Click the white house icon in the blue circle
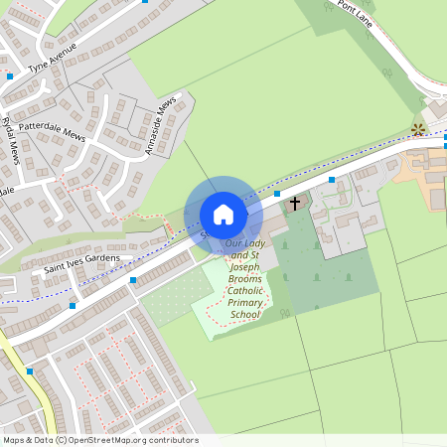click(x=223, y=215)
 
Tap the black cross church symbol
click(x=293, y=204)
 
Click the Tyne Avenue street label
click(x=53, y=67)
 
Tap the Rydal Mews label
click(x=11, y=140)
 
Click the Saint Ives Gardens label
click(x=81, y=262)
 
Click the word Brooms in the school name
click(x=243, y=278)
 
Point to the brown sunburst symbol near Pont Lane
click(x=418, y=128)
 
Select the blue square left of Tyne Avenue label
click(x=10, y=75)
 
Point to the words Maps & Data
click(x=27, y=440)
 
